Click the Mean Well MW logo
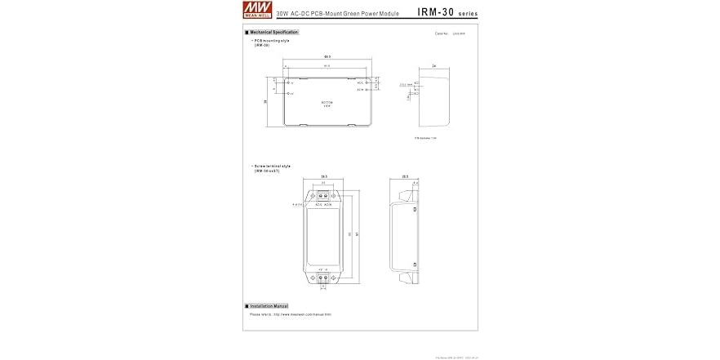click(x=259, y=10)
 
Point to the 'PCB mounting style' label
click(x=272, y=40)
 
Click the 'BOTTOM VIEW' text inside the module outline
click(x=327, y=104)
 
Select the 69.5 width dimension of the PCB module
click(x=327, y=56)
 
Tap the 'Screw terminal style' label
click(x=272, y=166)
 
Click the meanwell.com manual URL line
click(x=290, y=314)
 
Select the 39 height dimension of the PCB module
click(x=266, y=102)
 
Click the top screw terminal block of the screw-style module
click(x=325, y=196)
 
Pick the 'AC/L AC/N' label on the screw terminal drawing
click(x=323, y=205)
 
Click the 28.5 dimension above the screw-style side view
click(x=405, y=176)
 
